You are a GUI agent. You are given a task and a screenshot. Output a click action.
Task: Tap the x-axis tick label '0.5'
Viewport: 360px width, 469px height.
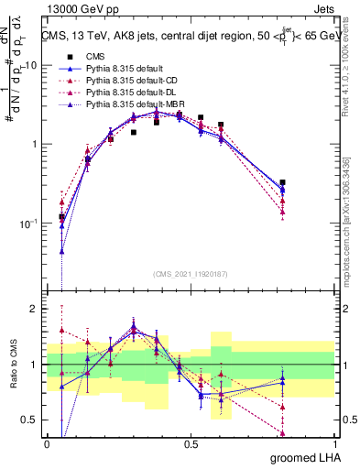[x=191, y=444]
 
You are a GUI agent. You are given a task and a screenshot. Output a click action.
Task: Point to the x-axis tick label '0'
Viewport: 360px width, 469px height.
[x=47, y=444]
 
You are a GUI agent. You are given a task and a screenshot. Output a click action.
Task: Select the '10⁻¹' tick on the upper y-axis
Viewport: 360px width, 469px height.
[x=29, y=224]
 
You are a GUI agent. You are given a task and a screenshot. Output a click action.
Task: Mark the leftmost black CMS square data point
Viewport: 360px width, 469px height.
[x=61, y=217]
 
